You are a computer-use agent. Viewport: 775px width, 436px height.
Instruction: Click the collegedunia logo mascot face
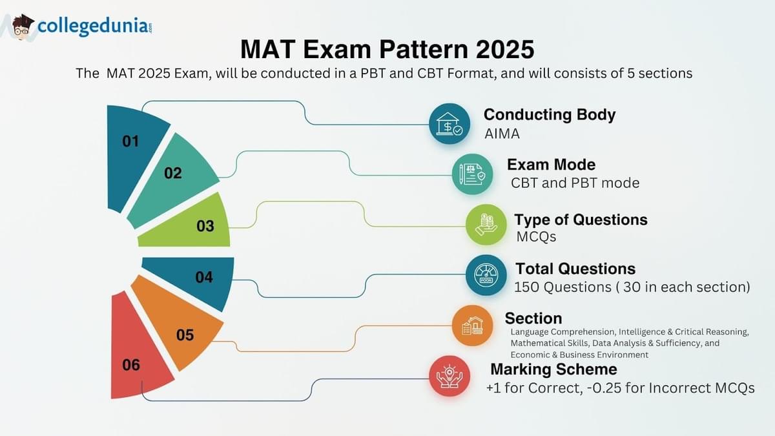(23, 27)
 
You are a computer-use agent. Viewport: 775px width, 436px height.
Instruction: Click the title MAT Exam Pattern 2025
(387, 49)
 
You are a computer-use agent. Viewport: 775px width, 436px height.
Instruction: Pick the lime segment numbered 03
(194, 226)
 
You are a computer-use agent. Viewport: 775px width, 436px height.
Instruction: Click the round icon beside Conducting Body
(449, 124)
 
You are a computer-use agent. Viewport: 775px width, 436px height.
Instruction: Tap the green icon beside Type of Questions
(486, 225)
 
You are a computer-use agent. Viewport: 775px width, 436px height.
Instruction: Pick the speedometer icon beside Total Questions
(486, 276)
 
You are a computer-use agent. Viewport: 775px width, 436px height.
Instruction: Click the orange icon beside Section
(472, 326)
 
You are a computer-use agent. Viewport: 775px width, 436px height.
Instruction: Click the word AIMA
(502, 134)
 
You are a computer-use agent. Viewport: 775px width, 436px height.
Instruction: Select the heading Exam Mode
(551, 165)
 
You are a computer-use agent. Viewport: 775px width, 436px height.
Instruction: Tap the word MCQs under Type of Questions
(536, 237)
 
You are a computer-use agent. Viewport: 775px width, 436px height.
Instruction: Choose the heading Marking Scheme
(553, 369)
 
